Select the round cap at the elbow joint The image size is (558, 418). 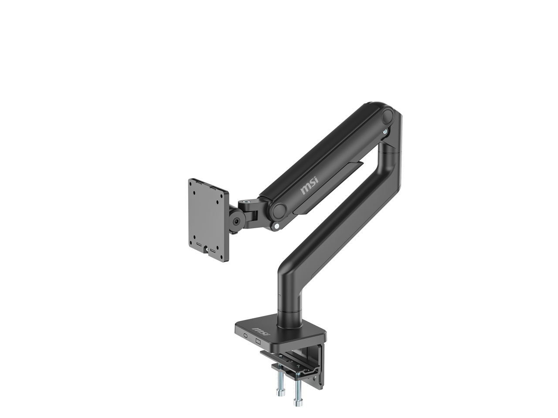click(387, 117)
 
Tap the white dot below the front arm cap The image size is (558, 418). click(276, 226)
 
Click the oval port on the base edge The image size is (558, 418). click(245, 336)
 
